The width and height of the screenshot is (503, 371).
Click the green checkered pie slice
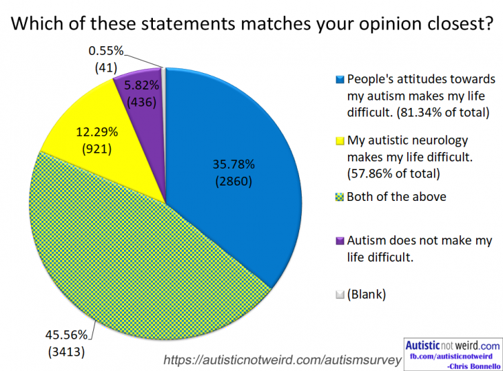tap(134, 254)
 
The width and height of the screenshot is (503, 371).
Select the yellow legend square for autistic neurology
tap(339, 141)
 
